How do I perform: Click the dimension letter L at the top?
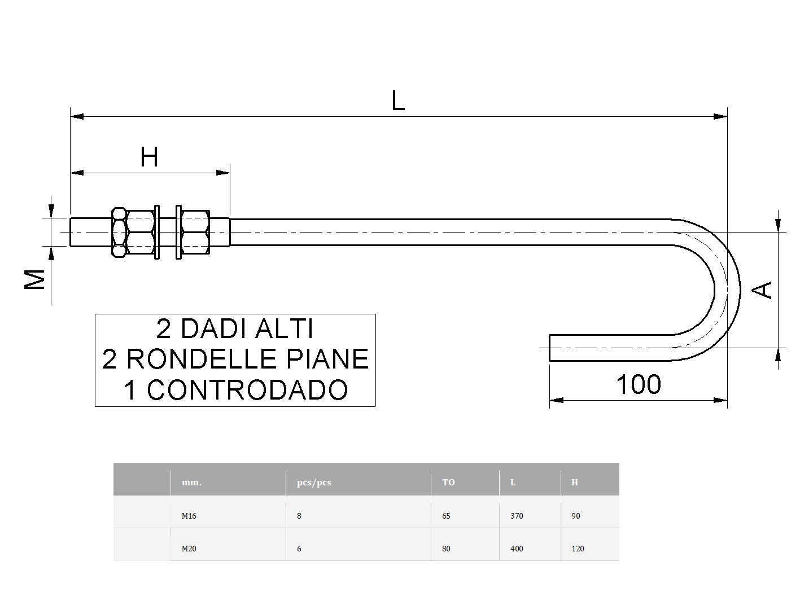pos(398,101)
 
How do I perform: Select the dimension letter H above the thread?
pos(149,157)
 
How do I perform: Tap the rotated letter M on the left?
pos(35,279)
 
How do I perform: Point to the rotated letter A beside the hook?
pos(763,290)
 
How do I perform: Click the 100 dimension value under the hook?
pos(639,384)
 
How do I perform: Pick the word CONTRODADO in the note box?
pos(247,389)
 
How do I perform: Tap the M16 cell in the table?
pos(189,516)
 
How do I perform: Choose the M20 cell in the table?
pos(189,549)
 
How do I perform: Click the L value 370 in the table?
pos(517,516)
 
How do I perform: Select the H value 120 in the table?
pos(578,549)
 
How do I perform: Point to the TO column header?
pos(448,483)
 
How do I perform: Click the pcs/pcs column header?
pos(314,483)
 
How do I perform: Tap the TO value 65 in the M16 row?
pos(447,516)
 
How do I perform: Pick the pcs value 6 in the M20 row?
pos(299,549)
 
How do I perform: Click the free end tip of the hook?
pos(551,347)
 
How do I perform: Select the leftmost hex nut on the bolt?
pos(119,232)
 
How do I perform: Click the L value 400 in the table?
pos(517,549)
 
